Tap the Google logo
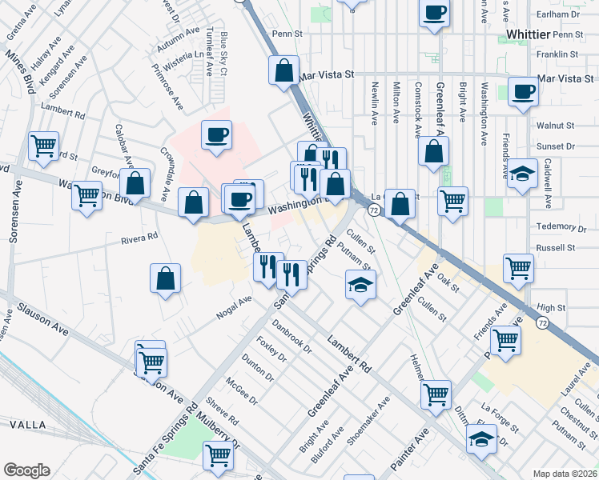coord(26,470)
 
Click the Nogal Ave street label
coord(233,307)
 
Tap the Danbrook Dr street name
coord(291,335)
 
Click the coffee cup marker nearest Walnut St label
coord(523,92)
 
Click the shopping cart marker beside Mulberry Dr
coord(219,455)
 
